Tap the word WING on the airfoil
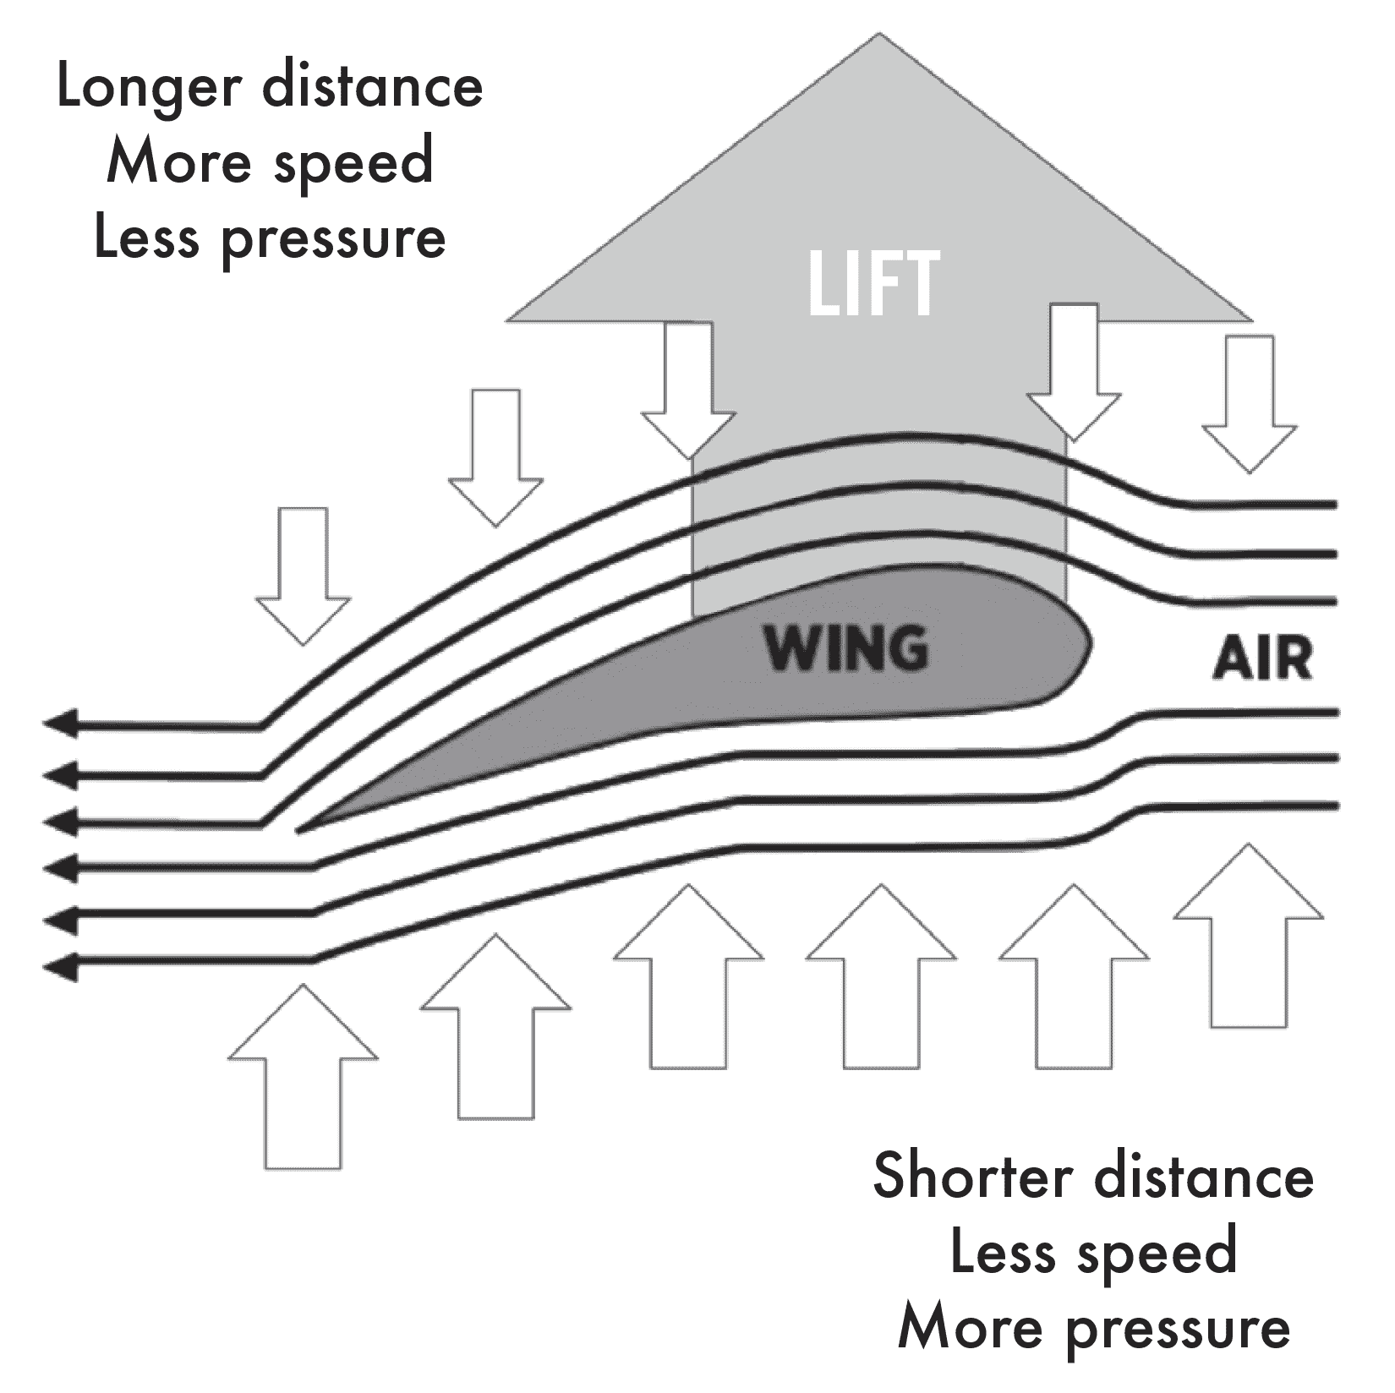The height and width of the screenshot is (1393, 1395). [x=846, y=648]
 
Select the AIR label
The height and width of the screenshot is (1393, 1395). [x=1263, y=659]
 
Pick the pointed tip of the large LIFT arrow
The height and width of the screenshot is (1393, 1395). [x=879, y=37]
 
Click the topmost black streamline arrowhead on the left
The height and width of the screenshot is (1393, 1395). [x=59, y=724]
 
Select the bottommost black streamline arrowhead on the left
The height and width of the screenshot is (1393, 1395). [x=59, y=964]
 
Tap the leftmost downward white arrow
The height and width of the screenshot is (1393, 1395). [x=303, y=575]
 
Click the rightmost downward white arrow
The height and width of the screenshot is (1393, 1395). [x=1249, y=402]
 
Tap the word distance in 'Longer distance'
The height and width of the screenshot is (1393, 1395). [x=372, y=89]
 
